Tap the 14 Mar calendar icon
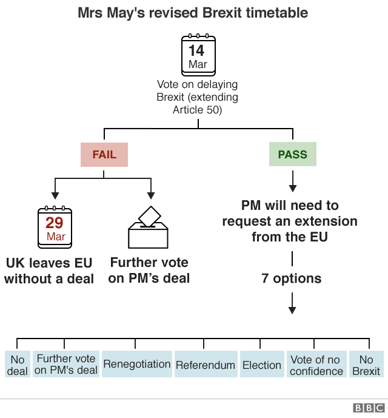click(198, 55)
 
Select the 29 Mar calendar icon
click(55, 228)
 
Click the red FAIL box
click(104, 155)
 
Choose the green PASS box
click(292, 155)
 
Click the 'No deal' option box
click(17, 365)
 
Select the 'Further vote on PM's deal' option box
click(66, 365)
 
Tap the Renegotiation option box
click(136, 365)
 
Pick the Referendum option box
click(206, 365)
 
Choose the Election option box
click(262, 365)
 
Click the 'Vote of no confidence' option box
click(316, 365)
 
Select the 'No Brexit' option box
click(366, 365)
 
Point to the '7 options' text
click(292, 278)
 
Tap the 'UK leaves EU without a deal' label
click(49, 271)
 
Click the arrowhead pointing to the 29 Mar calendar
click(55, 195)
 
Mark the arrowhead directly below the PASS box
click(292, 187)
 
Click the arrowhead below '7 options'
click(292, 309)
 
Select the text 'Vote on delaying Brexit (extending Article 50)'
click(198, 97)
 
